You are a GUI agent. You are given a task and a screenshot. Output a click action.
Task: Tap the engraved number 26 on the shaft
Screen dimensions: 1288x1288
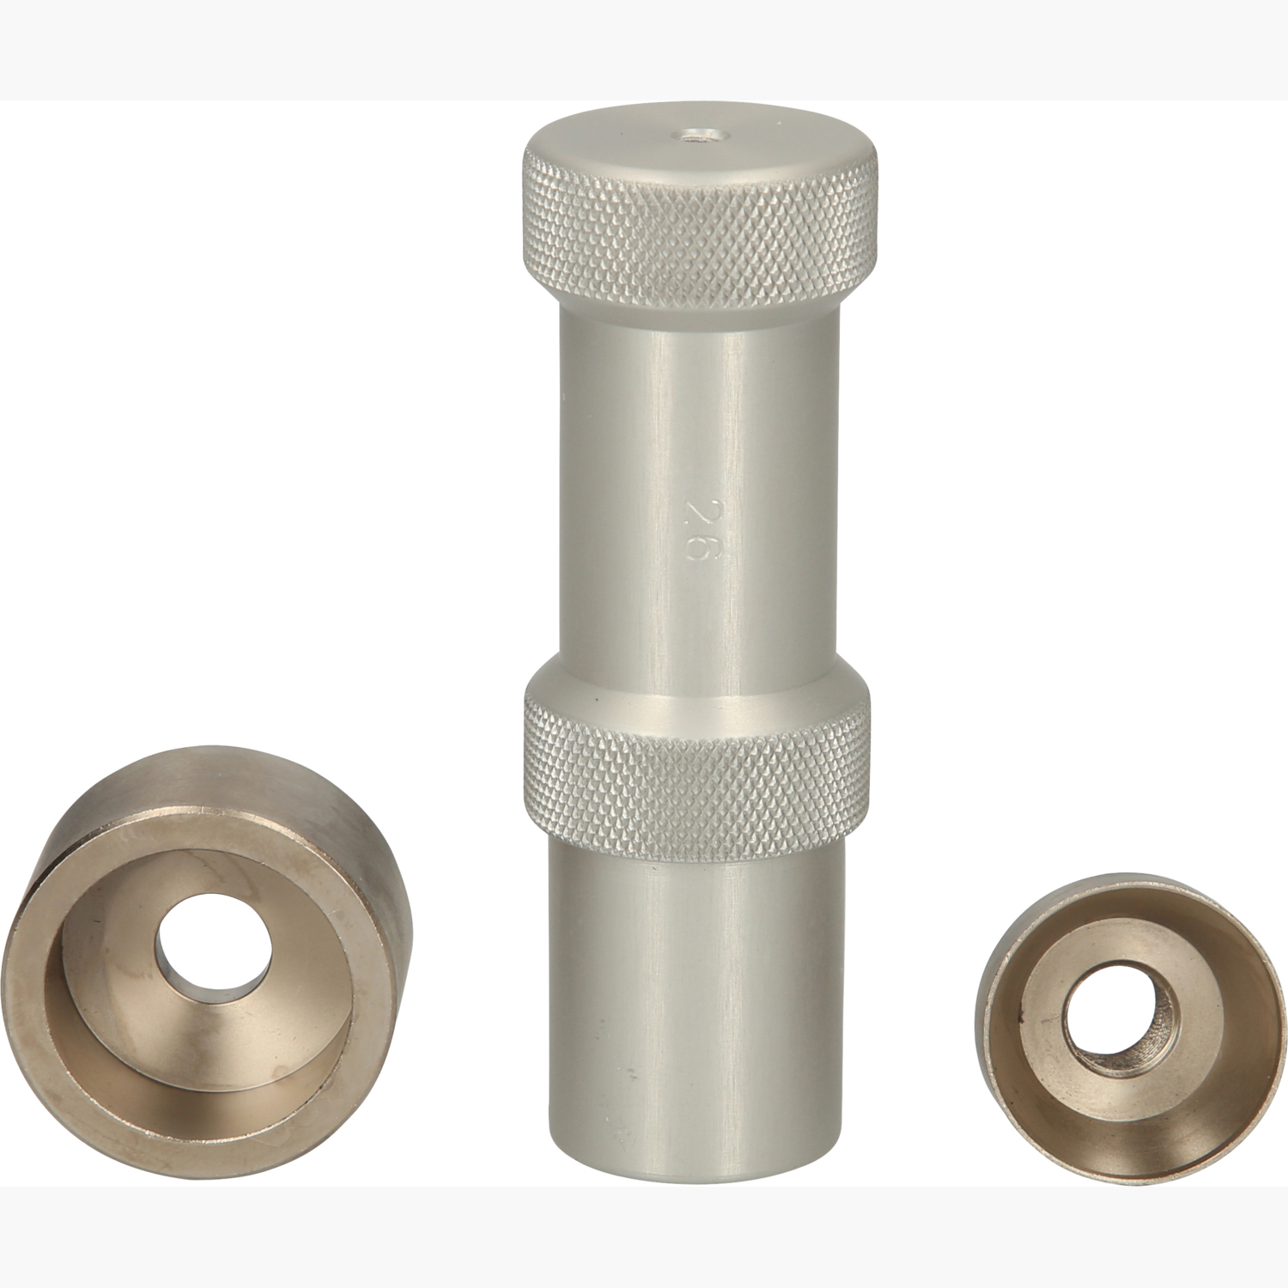tap(695, 526)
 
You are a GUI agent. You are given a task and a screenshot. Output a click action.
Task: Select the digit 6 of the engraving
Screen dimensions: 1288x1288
tap(695, 545)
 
